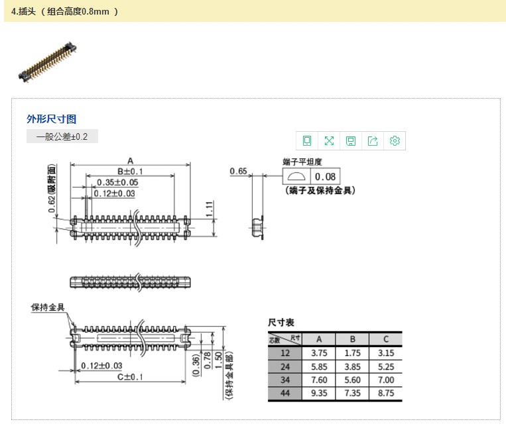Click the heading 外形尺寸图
tap(51, 119)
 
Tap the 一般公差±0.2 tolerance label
tap(62, 136)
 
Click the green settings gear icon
tap(395, 140)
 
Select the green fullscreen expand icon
tap(329, 140)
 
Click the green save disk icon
tap(351, 140)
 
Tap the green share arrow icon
tap(373, 140)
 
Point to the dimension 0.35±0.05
tap(117, 182)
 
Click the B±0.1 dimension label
tap(130, 172)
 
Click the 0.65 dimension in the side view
tap(238, 172)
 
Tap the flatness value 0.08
tap(325, 177)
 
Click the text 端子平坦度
tap(302, 162)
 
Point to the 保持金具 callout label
tap(48, 307)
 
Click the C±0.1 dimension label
tap(130, 377)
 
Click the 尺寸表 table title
tap(281, 323)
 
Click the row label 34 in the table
tap(285, 380)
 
